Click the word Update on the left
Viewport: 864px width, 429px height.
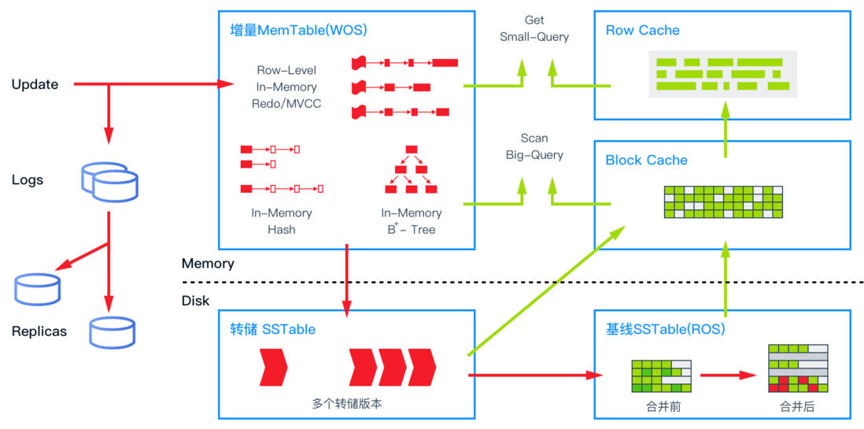(35, 84)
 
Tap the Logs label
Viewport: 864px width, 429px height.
(28, 180)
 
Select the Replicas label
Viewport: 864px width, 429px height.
(39, 331)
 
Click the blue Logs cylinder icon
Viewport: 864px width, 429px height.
(109, 182)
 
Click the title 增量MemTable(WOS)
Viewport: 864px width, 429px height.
(298, 31)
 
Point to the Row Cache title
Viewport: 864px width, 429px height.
(642, 31)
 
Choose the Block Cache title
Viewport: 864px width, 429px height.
(646, 161)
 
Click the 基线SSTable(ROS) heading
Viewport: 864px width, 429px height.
(665, 328)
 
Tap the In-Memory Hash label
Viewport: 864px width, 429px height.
(281, 221)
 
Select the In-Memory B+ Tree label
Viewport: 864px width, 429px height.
(411, 221)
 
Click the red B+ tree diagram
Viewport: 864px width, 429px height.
(411, 169)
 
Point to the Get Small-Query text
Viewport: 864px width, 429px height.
(534, 28)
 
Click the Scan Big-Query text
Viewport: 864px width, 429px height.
(534, 147)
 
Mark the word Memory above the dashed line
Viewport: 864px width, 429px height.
(208, 264)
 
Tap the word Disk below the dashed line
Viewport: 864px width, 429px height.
(195, 301)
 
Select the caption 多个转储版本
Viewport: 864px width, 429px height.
(347, 404)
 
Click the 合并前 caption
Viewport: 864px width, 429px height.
(660, 406)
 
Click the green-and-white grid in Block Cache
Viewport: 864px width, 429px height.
(723, 202)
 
